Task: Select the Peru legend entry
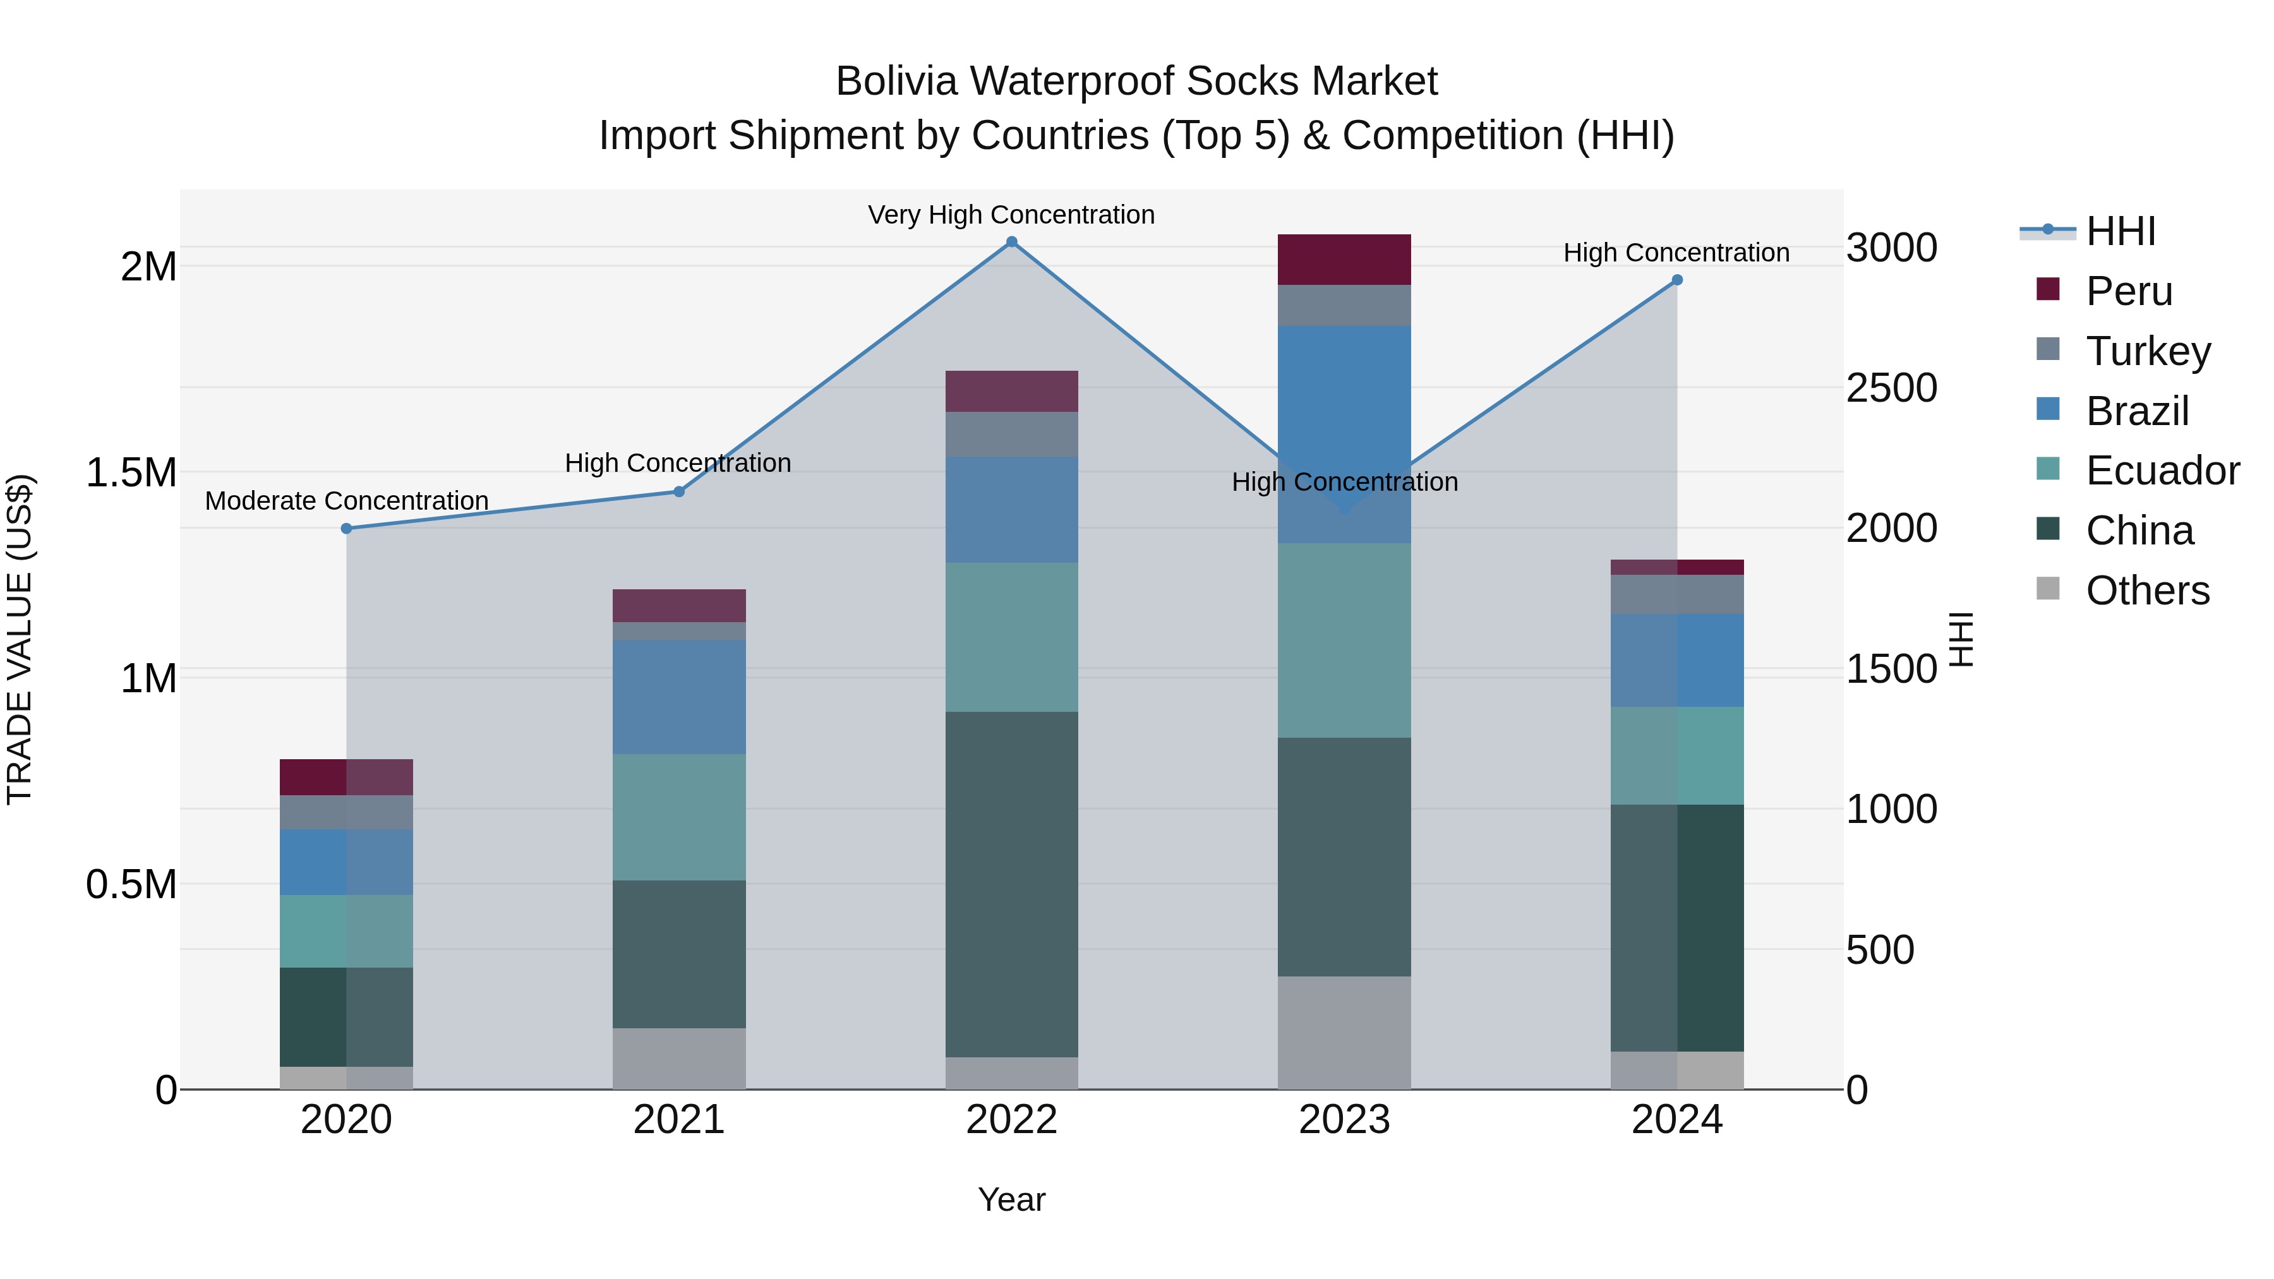[2128, 291]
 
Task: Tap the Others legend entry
[2147, 591]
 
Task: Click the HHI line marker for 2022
[1012, 242]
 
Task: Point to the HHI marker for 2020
[346, 529]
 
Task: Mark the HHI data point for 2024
[1677, 280]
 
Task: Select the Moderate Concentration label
[346, 500]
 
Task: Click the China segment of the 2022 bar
[1012, 884]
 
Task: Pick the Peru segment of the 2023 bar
[1344, 260]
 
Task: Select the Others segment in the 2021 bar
[679, 1059]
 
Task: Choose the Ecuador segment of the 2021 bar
[679, 817]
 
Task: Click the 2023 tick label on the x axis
[1344, 1120]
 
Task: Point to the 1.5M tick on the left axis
[131, 473]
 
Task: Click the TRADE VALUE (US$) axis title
[20, 639]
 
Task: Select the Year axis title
[1012, 1199]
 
